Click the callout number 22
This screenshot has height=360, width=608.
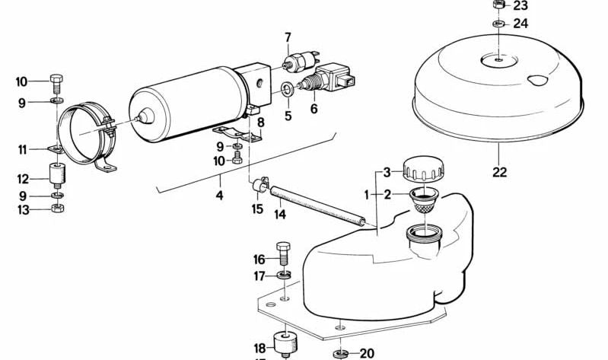point(498,172)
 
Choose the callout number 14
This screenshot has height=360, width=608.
point(280,215)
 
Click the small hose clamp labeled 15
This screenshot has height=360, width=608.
point(257,184)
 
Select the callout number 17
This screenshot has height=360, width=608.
point(259,276)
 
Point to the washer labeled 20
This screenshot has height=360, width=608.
point(339,353)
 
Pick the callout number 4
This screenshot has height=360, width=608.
point(219,196)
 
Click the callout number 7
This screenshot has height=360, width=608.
point(288,37)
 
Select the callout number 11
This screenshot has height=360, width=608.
point(22,149)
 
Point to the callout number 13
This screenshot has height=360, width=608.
point(22,210)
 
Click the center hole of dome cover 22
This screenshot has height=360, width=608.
point(496,58)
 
